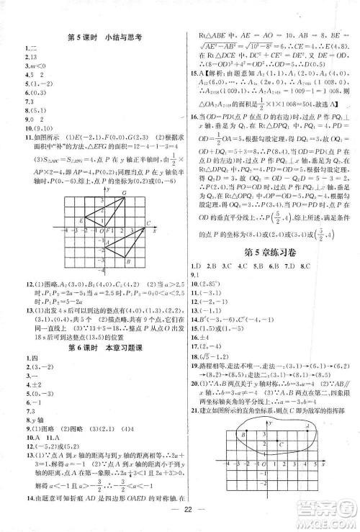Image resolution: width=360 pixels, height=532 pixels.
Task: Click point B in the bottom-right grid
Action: [246, 435]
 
